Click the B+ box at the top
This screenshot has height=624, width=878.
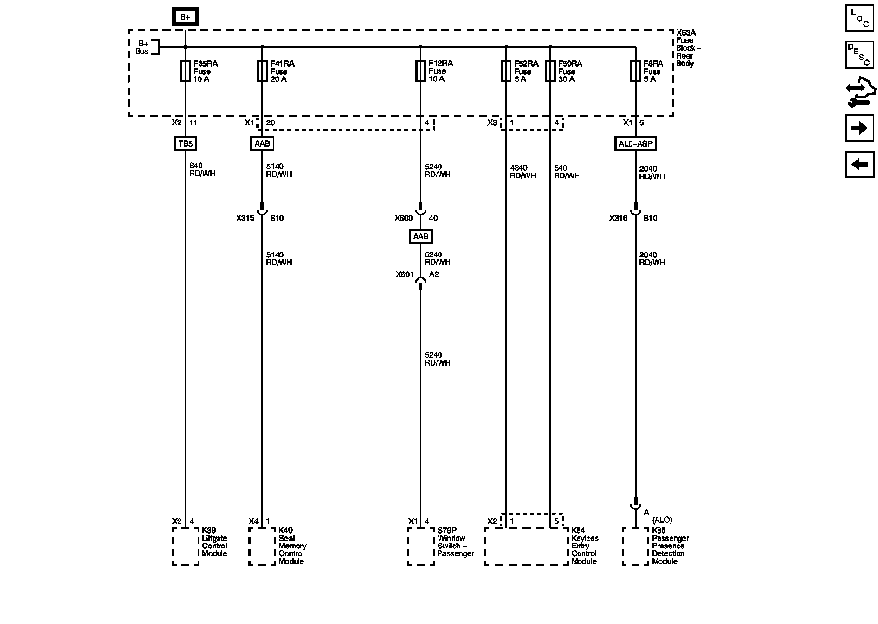pyautogui.click(x=185, y=17)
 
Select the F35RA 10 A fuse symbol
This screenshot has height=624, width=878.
pyautogui.click(x=185, y=71)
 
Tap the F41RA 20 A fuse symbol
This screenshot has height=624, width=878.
pyautogui.click(x=262, y=71)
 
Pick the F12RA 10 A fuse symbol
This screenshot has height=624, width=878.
pyautogui.click(x=420, y=71)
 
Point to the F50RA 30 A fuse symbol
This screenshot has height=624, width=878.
pyautogui.click(x=550, y=71)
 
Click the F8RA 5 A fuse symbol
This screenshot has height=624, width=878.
pyautogui.click(x=635, y=71)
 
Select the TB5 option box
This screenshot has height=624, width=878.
pyautogui.click(x=185, y=144)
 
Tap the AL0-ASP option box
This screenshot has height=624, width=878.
pyautogui.click(x=635, y=144)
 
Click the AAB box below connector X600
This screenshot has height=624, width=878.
pyautogui.click(x=420, y=236)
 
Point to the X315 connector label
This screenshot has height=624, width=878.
pyautogui.click(x=245, y=218)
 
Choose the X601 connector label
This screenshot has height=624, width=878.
pyautogui.click(x=404, y=275)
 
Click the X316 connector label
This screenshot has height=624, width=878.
pyautogui.click(x=618, y=218)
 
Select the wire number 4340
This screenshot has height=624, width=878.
pyautogui.click(x=519, y=168)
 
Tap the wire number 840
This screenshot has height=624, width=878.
pyautogui.click(x=196, y=166)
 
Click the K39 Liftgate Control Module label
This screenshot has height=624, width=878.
pyautogui.click(x=215, y=542)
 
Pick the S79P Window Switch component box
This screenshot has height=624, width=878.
pyautogui.click(x=420, y=546)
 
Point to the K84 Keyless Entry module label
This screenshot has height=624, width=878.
pyautogui.click(x=585, y=546)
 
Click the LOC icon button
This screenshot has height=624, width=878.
pyautogui.click(x=859, y=18)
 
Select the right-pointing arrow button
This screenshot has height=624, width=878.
pyautogui.click(x=859, y=128)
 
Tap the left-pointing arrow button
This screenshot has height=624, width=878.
pyautogui.click(x=859, y=164)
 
